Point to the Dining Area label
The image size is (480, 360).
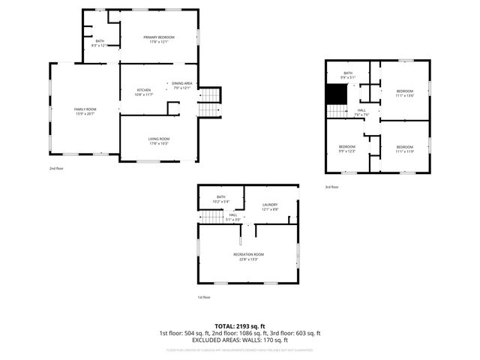pos(182,83)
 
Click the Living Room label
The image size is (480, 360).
pos(158,139)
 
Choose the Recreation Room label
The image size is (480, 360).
pos(248,255)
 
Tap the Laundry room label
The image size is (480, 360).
pos(270,205)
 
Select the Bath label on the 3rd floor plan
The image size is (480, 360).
pos(348,72)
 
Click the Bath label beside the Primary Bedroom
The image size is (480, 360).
pos(100,41)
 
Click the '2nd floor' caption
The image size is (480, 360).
pos(56,169)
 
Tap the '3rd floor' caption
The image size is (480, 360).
pos(331,187)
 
